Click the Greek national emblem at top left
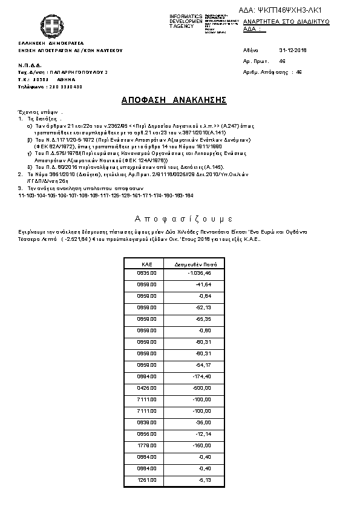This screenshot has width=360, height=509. [52, 26]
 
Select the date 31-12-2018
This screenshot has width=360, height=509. [293, 50]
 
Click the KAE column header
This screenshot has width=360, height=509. [146, 264]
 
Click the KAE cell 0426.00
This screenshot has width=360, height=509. [147, 387]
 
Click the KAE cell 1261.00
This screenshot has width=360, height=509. [147, 480]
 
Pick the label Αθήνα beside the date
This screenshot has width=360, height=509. [250, 50]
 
